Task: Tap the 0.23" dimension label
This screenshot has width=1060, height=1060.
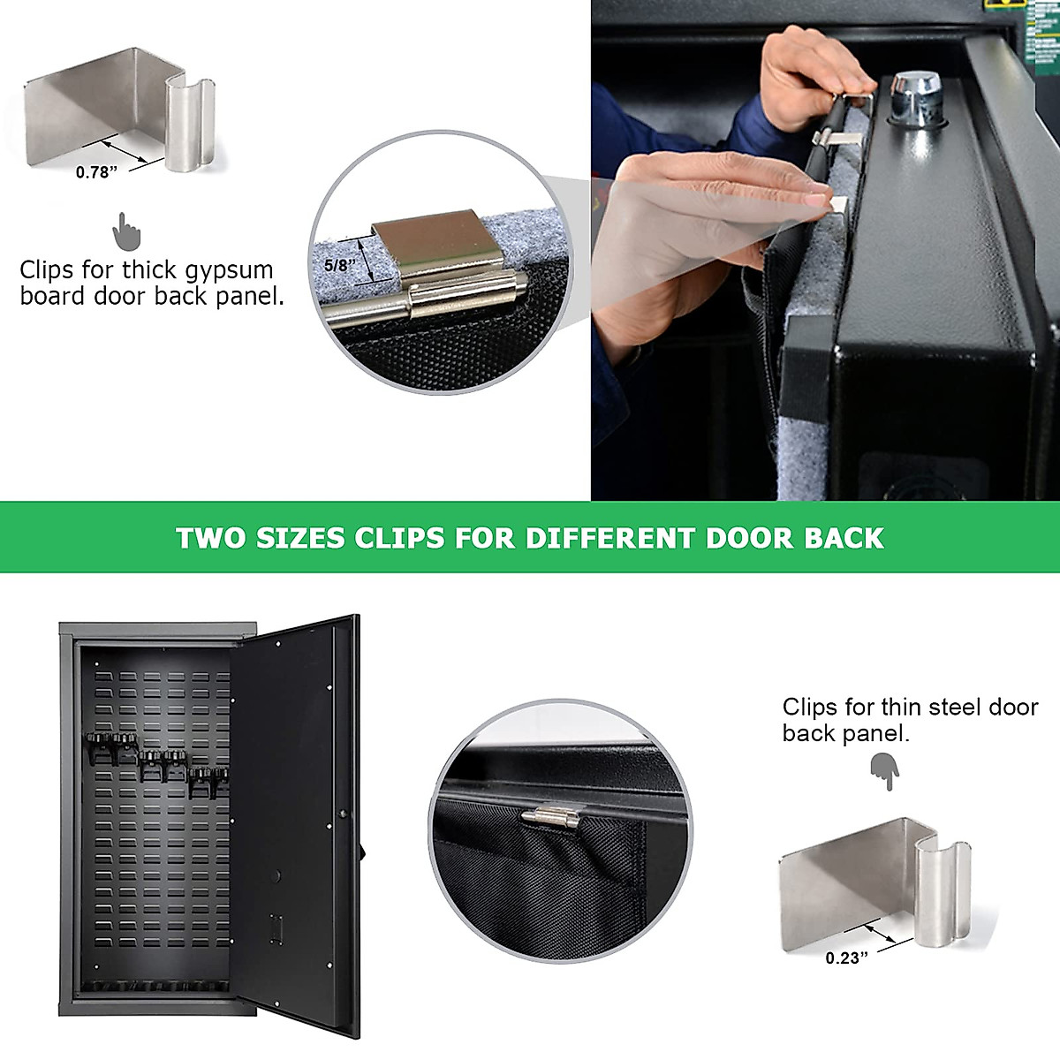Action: coord(846,958)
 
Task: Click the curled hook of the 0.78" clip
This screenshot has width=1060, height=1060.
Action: coord(190,124)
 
